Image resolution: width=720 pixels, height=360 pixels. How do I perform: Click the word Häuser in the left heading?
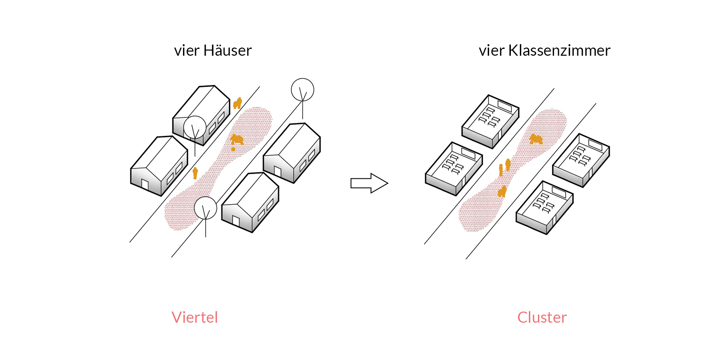(227, 51)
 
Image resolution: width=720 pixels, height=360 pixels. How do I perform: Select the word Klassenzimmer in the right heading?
(559, 51)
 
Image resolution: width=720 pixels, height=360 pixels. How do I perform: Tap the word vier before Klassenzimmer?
(492, 51)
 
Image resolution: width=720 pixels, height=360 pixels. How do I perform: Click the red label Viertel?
(195, 318)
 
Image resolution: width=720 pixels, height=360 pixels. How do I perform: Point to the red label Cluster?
(542, 318)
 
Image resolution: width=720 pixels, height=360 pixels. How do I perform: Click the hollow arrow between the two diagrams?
(369, 183)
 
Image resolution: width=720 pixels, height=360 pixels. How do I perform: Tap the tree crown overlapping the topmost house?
(195, 127)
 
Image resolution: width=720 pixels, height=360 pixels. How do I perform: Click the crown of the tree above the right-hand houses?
(303, 90)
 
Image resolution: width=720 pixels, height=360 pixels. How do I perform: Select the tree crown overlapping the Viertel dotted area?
(206, 208)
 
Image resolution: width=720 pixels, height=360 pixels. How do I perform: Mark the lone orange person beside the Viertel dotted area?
(195, 173)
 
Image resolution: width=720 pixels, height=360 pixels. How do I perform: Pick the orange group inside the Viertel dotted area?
(237, 140)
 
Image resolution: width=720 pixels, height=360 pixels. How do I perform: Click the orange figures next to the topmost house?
(237, 103)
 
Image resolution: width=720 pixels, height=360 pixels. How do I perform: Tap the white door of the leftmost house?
(145, 185)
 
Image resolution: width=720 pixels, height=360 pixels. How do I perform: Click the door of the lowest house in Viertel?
(236, 221)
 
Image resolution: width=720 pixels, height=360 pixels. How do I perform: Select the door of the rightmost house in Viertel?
(278, 172)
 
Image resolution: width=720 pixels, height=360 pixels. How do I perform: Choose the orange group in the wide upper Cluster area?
(535, 139)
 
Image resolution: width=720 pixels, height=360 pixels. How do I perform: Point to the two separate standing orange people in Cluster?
(504, 167)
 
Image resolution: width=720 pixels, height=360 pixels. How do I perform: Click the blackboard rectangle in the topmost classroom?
(504, 105)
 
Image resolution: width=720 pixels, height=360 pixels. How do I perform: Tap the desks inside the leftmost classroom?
(453, 164)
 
